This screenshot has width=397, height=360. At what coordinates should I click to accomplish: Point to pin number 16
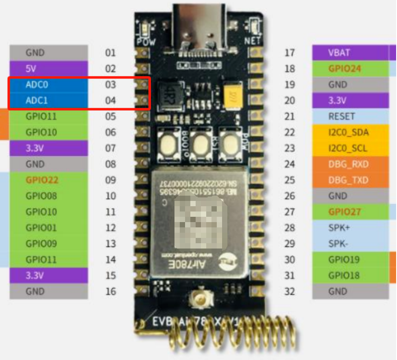tap(111, 291)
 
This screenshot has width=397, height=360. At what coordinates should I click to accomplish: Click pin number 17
tap(289, 53)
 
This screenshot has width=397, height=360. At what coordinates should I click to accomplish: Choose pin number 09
tap(111, 180)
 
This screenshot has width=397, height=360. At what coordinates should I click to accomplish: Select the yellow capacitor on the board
tap(232, 94)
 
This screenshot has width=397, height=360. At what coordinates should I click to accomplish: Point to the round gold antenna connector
tap(199, 301)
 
